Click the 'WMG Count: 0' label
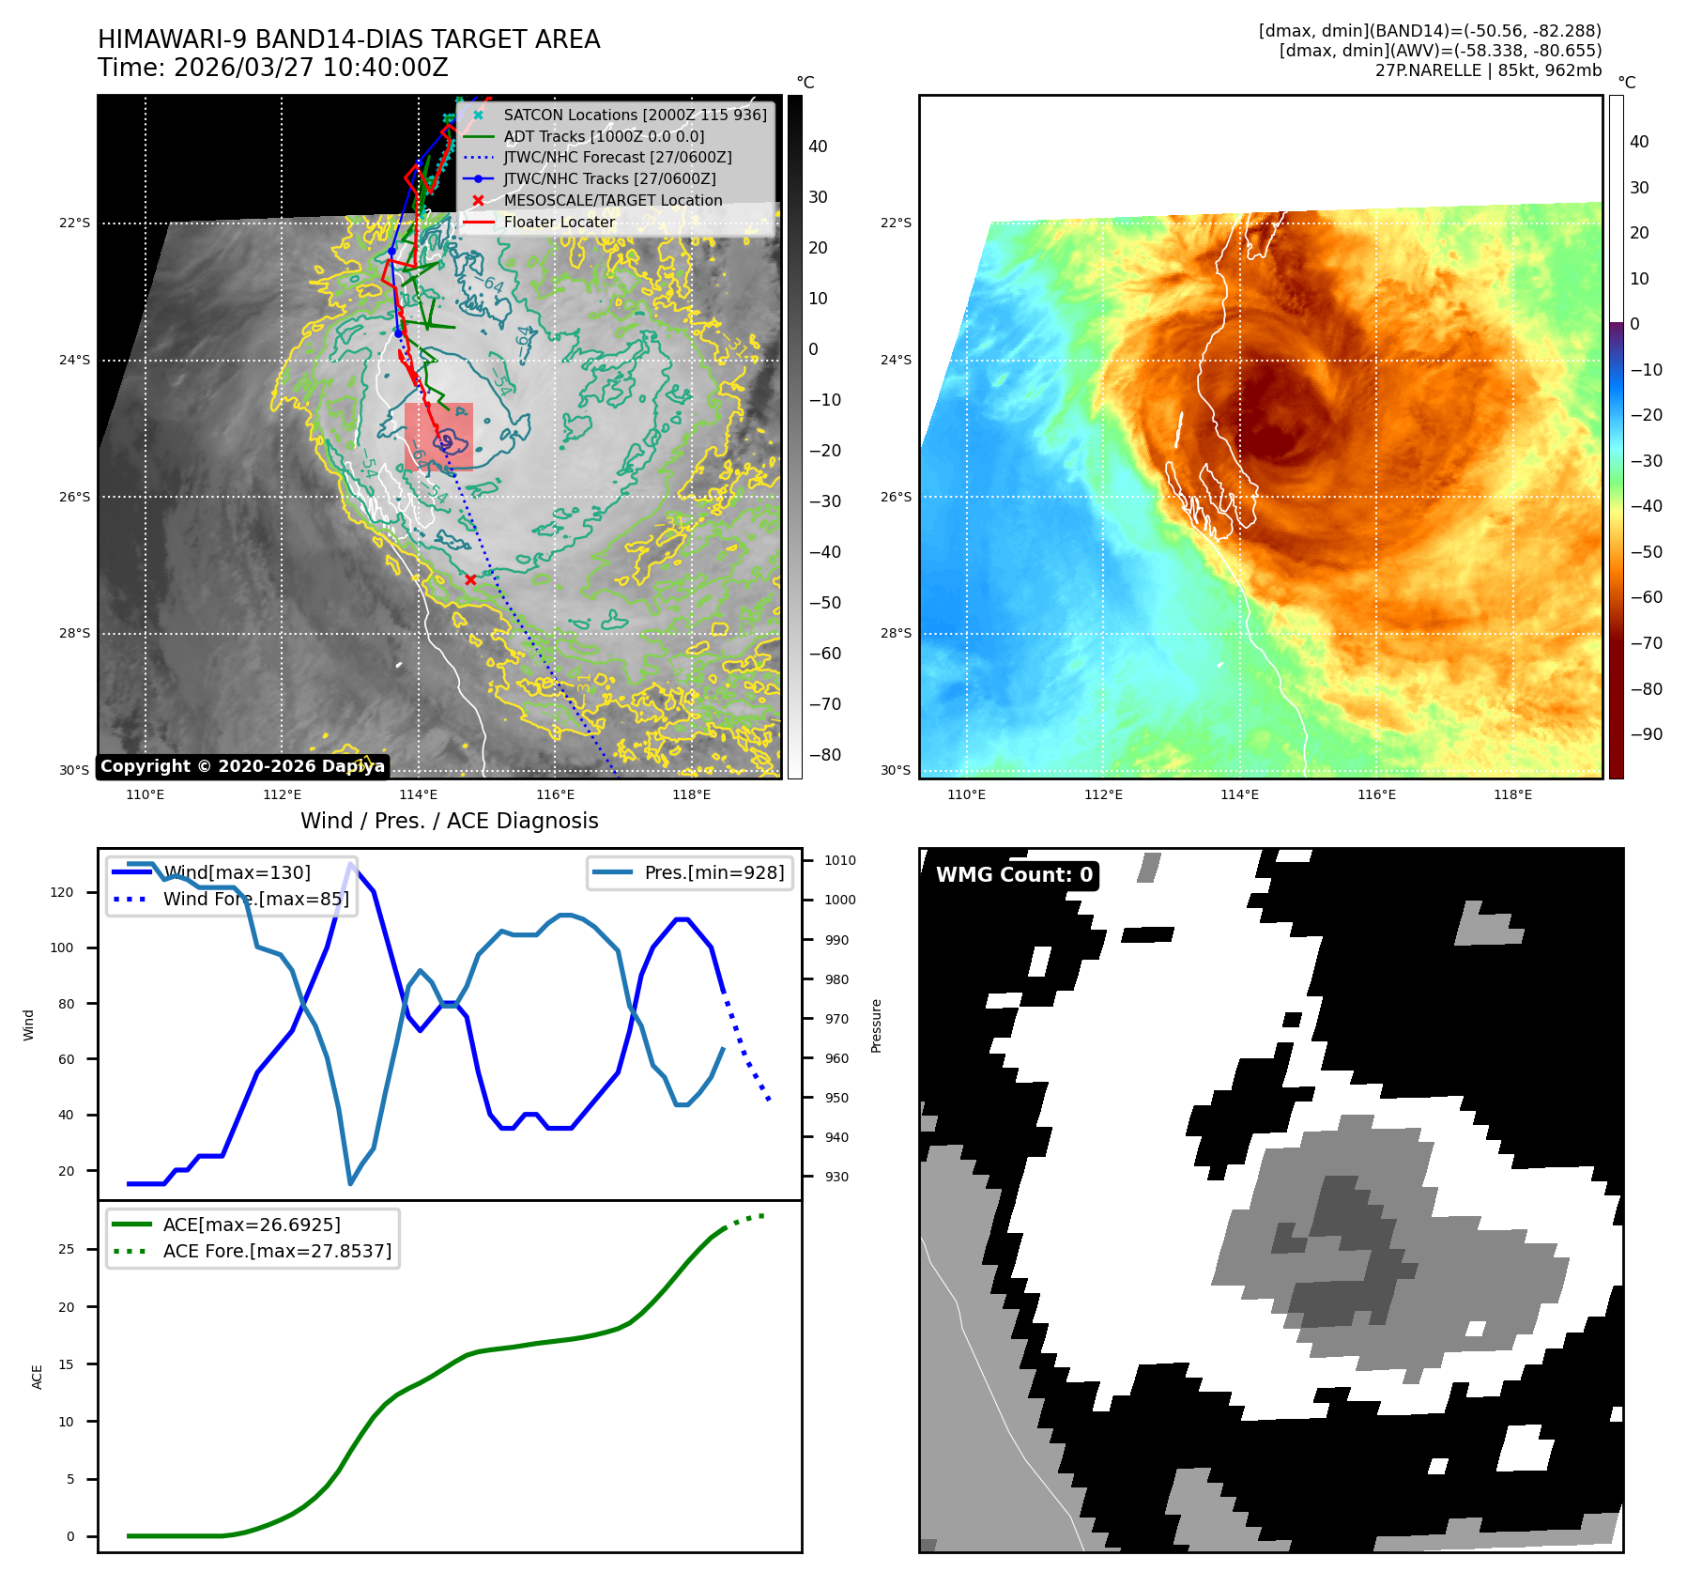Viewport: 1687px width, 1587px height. pos(1014,875)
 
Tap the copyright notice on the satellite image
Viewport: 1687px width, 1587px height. pos(242,766)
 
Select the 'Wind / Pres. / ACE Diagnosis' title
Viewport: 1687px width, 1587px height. pos(449,821)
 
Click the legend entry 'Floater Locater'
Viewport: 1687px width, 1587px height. pos(560,222)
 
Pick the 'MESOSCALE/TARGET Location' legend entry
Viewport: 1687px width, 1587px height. pos(612,200)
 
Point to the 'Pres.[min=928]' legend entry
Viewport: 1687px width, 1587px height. pos(713,872)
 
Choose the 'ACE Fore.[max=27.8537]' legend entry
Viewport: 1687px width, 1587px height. pos(277,1251)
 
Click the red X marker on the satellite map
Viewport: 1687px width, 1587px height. pos(470,579)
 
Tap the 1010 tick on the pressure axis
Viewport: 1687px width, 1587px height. pos(840,860)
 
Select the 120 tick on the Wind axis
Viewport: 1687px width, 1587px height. pos(62,892)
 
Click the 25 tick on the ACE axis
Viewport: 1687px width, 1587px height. pos(66,1249)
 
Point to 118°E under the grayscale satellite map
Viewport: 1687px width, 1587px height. pos(691,794)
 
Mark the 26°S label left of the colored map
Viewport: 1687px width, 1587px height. pos(896,497)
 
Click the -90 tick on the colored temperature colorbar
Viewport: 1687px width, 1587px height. pos(1646,734)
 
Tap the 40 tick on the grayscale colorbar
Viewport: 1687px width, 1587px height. pos(818,146)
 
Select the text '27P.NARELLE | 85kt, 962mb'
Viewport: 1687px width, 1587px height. pos(1488,70)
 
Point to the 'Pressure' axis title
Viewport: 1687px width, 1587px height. pos(876,1025)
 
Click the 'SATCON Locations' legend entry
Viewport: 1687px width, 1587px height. pos(635,115)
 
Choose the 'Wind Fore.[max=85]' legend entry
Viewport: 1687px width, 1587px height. pos(255,899)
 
